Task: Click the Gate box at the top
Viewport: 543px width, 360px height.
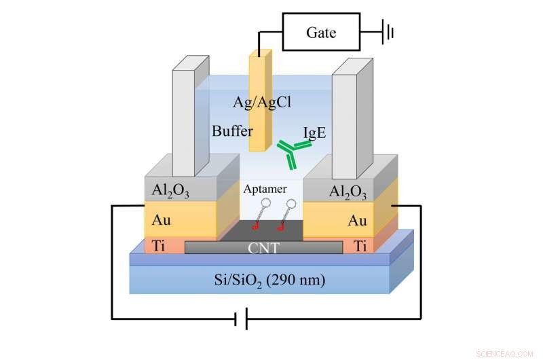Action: (x=321, y=33)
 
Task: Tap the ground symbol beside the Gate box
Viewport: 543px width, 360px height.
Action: (x=388, y=32)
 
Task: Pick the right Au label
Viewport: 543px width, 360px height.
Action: (x=357, y=221)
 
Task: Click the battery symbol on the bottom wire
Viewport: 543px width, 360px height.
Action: (x=240, y=318)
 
